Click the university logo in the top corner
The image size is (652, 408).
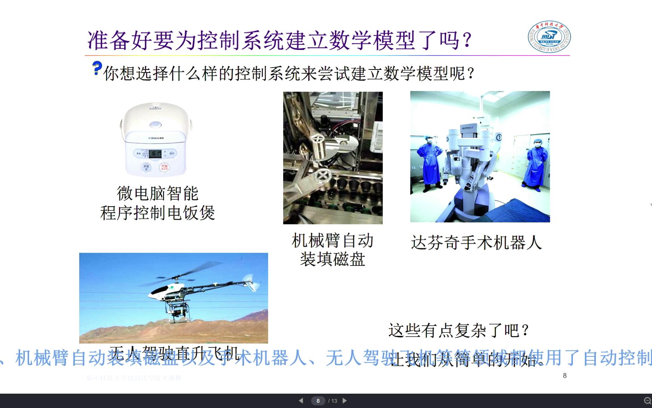549,37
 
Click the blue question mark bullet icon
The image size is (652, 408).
97,68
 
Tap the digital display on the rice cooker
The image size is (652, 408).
155,153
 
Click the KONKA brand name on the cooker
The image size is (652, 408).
156,138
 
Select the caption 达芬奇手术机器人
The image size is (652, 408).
476,243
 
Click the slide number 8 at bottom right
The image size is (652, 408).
565,376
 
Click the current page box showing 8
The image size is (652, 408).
318,401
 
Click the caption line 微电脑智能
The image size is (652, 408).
158,194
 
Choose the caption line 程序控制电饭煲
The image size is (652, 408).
158,213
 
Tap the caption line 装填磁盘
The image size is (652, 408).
333,260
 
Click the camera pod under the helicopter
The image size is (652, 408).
176,312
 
